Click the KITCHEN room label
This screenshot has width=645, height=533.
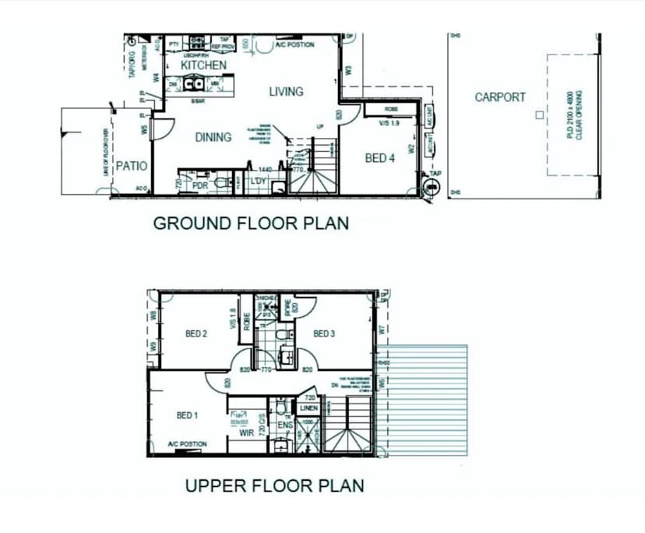pos(204,66)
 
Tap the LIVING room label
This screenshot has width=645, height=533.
pos(286,92)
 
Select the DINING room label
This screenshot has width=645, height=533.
pos(213,137)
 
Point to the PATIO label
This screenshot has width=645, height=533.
pos(132,166)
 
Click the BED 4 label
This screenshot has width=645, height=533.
pos(381,158)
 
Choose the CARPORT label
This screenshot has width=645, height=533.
pos(500,97)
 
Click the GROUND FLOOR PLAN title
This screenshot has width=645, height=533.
pos(251,224)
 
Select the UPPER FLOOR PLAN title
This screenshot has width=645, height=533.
pos(274,486)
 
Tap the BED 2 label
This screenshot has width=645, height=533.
pos(196,334)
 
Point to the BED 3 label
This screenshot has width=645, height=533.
pos(324,334)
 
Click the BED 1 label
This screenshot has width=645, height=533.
pos(187,415)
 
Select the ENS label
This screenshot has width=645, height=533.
pos(284,425)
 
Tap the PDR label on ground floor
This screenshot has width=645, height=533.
pos(199,185)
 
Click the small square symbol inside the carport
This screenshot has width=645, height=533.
pos(537,115)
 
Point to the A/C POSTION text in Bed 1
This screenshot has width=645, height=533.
pos(187,444)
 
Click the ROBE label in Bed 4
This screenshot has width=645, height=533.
pos(391,110)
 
